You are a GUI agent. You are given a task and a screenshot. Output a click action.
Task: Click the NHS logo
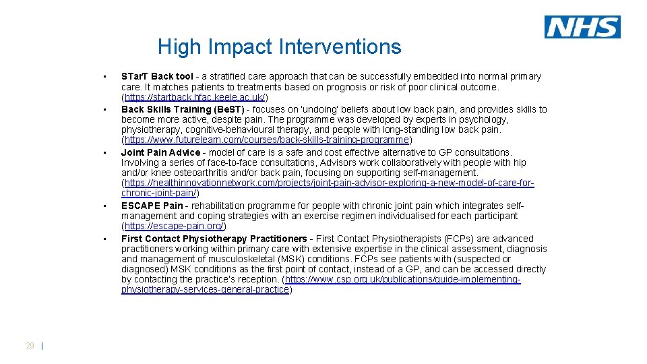pyautogui.click(x=582, y=27)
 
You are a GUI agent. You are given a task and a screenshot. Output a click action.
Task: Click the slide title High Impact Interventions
pyautogui.click(x=279, y=47)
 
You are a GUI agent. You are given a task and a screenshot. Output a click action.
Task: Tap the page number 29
pyautogui.click(x=30, y=346)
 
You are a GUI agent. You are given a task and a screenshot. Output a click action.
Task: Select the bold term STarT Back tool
pyautogui.click(x=157, y=77)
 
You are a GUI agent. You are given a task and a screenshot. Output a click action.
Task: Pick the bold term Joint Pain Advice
pyautogui.click(x=160, y=152)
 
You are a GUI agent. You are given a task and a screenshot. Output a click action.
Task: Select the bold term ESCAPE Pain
pyautogui.click(x=152, y=206)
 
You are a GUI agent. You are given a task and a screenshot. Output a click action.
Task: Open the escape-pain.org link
pyautogui.click(x=174, y=226)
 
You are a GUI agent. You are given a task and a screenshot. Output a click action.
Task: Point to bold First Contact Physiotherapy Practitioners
pyautogui.click(x=214, y=239)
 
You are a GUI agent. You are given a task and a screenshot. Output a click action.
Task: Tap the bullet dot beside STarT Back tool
pyautogui.click(x=104, y=75)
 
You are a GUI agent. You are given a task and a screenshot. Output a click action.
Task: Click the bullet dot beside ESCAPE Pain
pyautogui.click(x=104, y=206)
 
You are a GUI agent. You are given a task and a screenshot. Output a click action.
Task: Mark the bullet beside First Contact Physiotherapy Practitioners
pyautogui.click(x=104, y=238)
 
